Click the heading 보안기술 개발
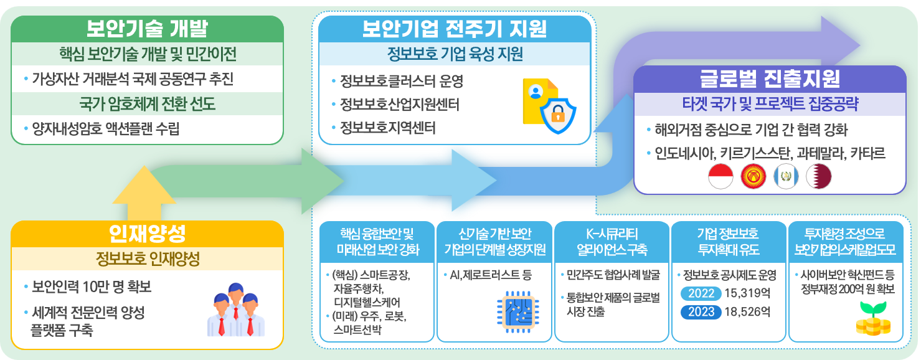pyautogui.click(x=147, y=29)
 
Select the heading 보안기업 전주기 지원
pyautogui.click(x=454, y=29)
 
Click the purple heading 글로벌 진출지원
pyautogui.click(x=770, y=78)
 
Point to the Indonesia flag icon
pyautogui.click(x=720, y=178)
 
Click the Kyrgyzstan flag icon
pyautogui.click(x=753, y=178)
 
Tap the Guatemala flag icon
pyautogui.click(x=785, y=178)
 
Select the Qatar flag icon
pyautogui.click(x=818, y=178)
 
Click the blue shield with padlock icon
pyautogui.click(x=557, y=114)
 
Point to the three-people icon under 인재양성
pyautogui.click(x=235, y=310)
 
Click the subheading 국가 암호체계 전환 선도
pyautogui.click(x=148, y=104)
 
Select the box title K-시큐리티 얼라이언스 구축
pyautogui.click(x=612, y=242)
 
